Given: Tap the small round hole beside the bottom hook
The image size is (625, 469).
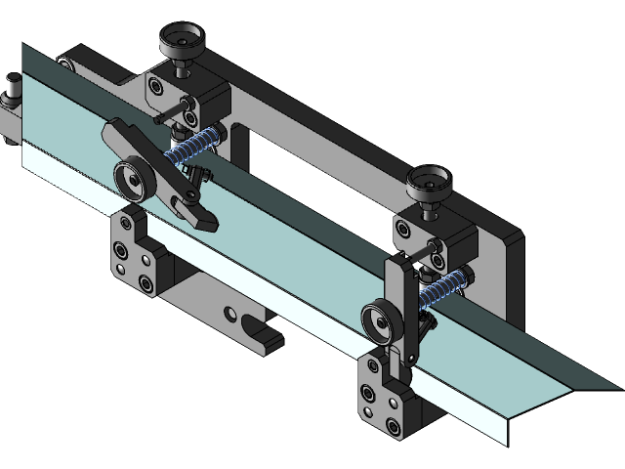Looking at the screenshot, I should click(x=231, y=314).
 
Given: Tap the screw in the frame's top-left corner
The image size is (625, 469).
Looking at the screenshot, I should click(x=65, y=64).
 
